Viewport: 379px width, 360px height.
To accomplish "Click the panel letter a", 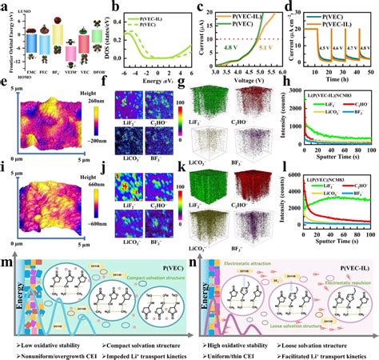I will pyautogui.click(x=6, y=6).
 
